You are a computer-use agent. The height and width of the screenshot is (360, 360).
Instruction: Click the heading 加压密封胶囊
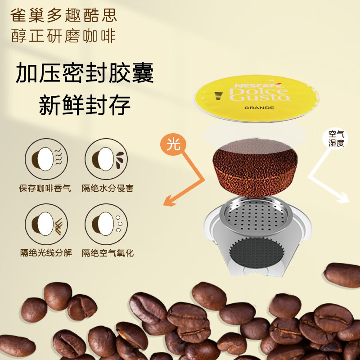tap(85, 73)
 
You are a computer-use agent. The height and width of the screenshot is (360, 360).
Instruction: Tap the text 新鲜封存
tap(85, 106)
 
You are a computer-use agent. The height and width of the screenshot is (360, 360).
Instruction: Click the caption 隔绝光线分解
tap(45, 253)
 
